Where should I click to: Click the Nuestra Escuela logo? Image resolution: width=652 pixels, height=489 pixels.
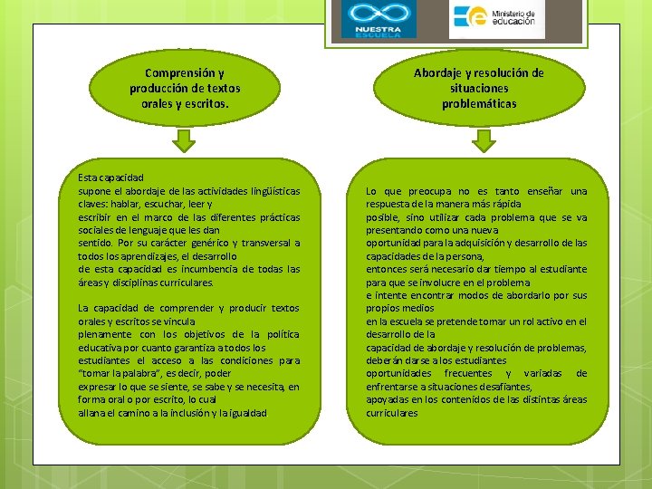point(379,20)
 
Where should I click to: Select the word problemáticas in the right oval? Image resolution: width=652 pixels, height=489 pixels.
point(479,103)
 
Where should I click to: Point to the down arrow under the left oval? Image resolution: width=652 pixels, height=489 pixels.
point(185,140)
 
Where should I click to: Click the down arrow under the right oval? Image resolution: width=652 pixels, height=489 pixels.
point(484,140)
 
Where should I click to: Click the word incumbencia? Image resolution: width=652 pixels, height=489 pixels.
point(216,269)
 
